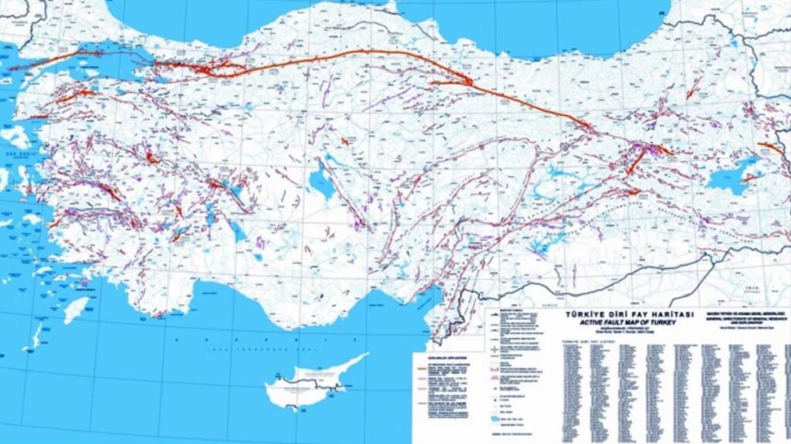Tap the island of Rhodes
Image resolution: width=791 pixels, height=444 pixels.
coord(75,309)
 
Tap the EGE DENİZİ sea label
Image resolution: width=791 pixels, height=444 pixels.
coord(11,154)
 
